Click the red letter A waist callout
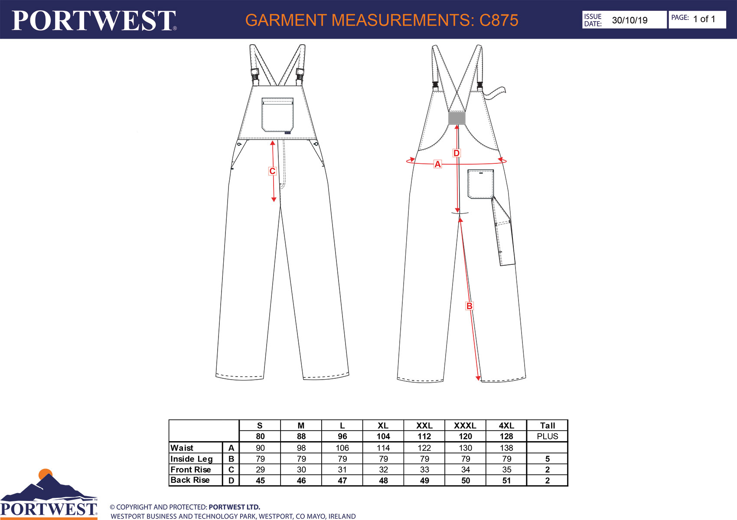pos(437,164)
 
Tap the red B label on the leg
pos(469,306)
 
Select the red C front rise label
pos(272,171)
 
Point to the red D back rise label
pos(457,153)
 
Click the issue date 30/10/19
pos(629,20)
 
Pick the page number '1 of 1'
pos(704,19)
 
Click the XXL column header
pos(424,426)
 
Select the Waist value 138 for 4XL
pos(506,448)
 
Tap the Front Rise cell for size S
pos(260,469)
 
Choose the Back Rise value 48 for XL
pos(383,480)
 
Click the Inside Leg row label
pos(192,459)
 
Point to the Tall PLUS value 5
pos(547,458)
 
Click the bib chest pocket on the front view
pos(277,114)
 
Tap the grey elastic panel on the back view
pos(457,118)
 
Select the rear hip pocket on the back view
pos(480,184)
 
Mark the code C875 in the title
pos(499,20)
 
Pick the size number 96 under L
pos(342,436)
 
